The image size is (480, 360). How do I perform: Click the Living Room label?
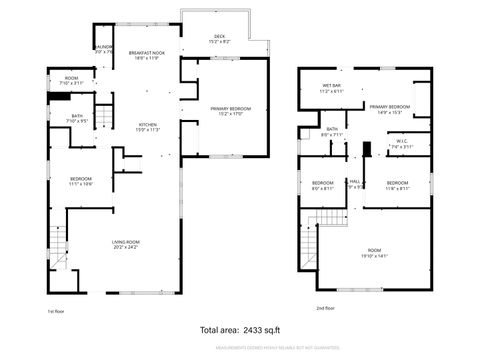point(125,244)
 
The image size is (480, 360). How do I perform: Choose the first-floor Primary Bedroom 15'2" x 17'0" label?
point(230,110)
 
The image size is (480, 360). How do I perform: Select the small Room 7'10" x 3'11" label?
point(72,81)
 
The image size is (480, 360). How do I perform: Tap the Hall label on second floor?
point(354,184)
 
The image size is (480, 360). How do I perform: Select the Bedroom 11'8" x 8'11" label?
point(397,185)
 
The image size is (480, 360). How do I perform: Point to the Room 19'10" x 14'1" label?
point(375,252)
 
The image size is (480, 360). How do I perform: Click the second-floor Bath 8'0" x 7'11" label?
point(332,132)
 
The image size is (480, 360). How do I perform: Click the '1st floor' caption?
point(56,310)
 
